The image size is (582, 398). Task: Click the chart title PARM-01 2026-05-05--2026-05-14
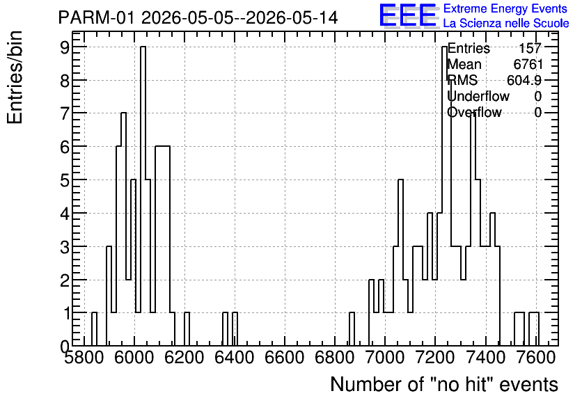(198, 17)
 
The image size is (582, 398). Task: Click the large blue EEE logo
(408, 15)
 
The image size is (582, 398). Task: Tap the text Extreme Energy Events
(505, 8)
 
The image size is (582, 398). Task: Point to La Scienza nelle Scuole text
(506, 23)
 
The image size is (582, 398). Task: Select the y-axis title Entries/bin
(15, 78)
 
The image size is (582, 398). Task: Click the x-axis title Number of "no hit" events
(444, 384)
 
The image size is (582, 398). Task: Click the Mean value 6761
(528, 64)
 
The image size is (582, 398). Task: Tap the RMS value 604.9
(524, 80)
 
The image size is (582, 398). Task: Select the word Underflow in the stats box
(478, 96)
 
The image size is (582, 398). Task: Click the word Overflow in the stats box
(474, 112)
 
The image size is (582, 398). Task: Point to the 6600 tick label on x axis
(285, 358)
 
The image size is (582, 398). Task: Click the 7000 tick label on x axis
(384, 358)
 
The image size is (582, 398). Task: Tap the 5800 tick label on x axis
(84, 358)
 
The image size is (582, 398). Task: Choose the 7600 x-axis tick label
(535, 358)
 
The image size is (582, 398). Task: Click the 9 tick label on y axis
(65, 47)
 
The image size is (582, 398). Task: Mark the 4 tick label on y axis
(65, 214)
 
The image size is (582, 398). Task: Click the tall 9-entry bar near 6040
(143, 196)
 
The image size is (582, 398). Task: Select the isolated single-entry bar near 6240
(187, 329)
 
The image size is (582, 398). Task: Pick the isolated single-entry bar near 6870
(352, 329)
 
